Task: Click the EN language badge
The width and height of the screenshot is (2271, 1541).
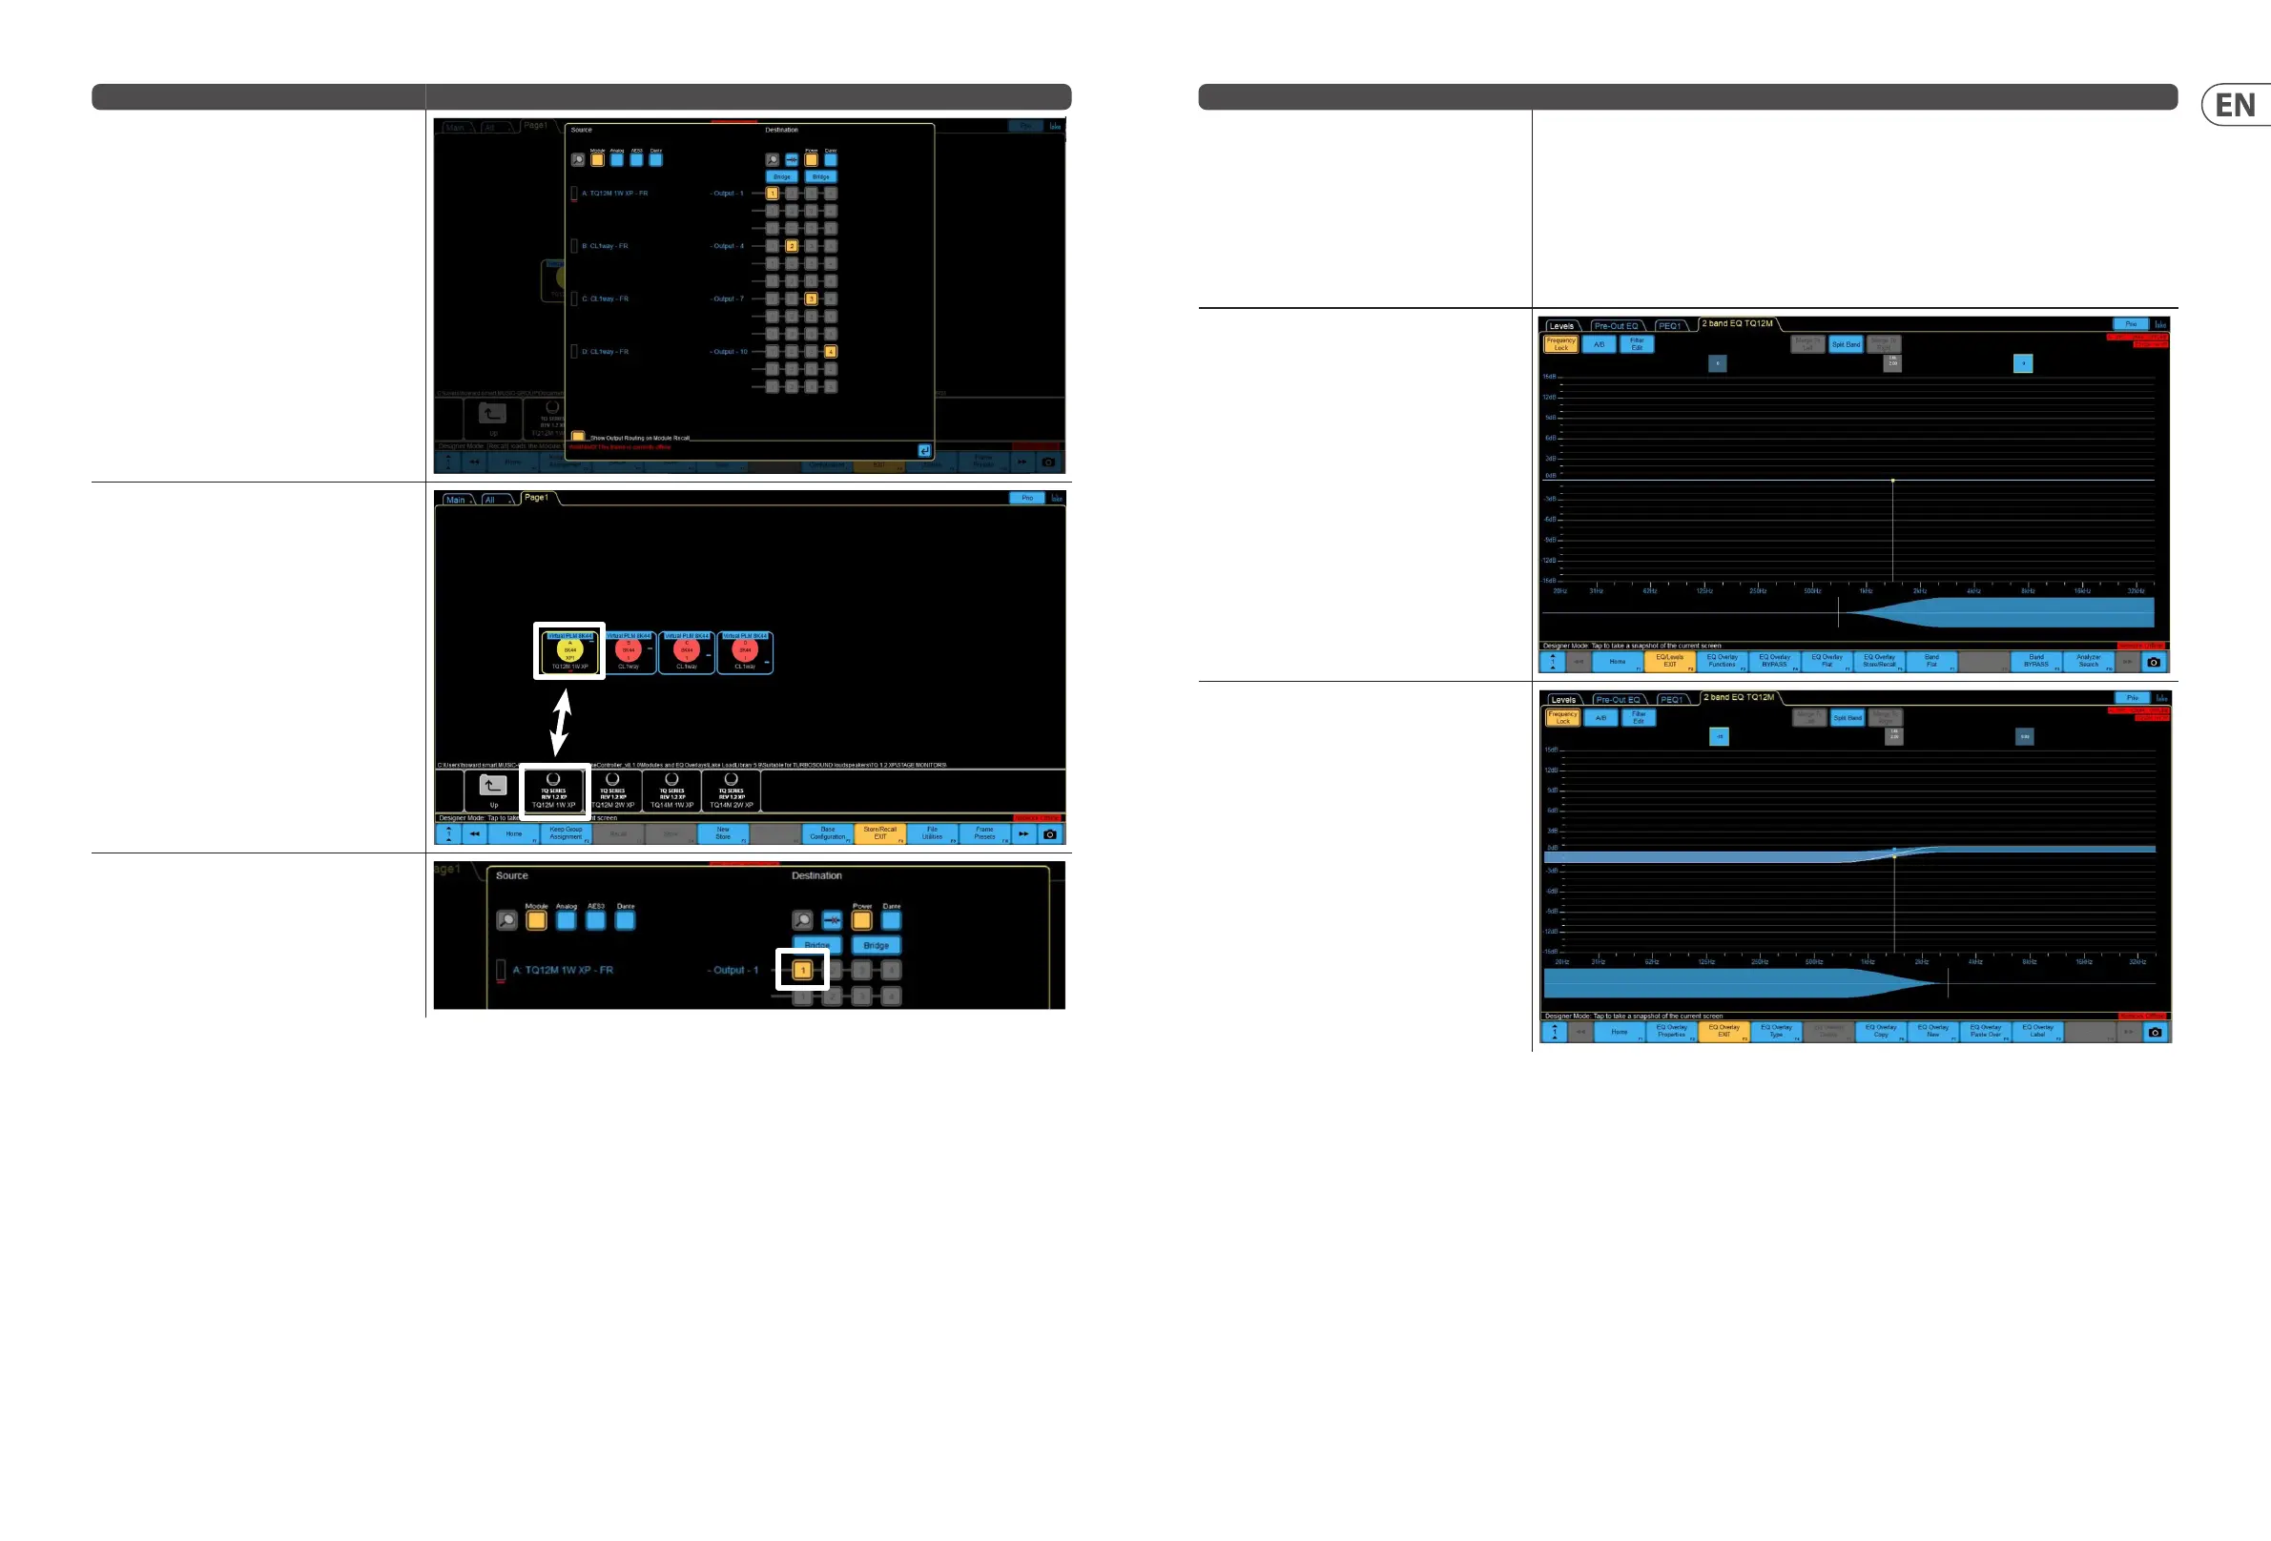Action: click(2234, 106)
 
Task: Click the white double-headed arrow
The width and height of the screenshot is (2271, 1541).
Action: click(561, 723)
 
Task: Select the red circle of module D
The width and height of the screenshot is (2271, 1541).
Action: click(745, 648)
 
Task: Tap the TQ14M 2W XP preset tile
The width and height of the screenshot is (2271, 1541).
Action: click(731, 791)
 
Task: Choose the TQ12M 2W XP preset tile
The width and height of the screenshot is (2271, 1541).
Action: click(612, 791)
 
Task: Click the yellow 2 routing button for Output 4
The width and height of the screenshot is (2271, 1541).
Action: click(792, 246)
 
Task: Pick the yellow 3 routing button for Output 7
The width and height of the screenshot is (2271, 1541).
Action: click(811, 299)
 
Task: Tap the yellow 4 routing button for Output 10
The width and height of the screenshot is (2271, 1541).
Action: click(831, 352)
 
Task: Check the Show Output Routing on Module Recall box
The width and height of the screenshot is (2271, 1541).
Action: click(577, 437)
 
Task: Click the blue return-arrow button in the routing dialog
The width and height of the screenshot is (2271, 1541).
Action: click(923, 450)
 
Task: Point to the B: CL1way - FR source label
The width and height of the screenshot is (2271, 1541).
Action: click(605, 246)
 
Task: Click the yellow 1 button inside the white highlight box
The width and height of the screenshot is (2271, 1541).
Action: click(802, 971)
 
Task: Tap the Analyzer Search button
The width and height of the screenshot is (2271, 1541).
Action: click(2088, 662)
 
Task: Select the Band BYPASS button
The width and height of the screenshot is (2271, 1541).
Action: click(2035, 662)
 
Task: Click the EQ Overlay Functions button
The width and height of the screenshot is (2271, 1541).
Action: click(1722, 662)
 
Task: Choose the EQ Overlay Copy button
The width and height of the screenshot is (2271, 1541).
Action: click(1880, 1032)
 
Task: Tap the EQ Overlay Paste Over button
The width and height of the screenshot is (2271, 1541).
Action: click(1985, 1032)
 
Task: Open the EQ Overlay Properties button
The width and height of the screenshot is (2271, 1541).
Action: click(1671, 1032)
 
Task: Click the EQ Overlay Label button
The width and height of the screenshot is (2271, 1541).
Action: click(2037, 1032)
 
